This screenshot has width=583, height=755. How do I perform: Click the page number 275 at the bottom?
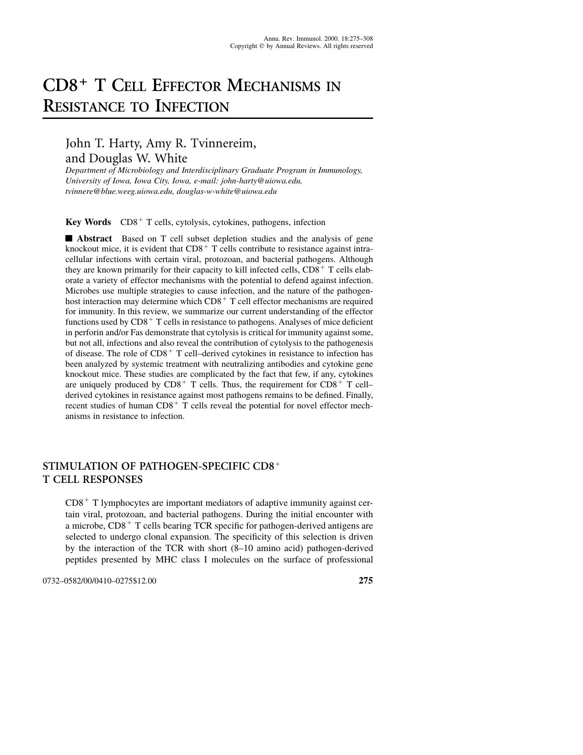pyautogui.click(x=365, y=581)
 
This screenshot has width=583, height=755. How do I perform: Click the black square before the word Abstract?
pyautogui.click(x=69, y=238)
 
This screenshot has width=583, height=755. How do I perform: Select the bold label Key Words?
pyautogui.click(x=88, y=222)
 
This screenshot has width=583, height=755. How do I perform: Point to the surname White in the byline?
pyautogui.click(x=171, y=158)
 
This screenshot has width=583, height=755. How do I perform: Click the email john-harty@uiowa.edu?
pyautogui.click(x=261, y=181)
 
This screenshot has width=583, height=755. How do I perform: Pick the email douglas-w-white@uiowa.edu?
pyautogui.click(x=227, y=191)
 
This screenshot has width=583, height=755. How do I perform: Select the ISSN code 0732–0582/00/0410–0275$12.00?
pyautogui.click(x=99, y=581)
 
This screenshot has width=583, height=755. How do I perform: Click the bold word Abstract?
pyautogui.click(x=94, y=238)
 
